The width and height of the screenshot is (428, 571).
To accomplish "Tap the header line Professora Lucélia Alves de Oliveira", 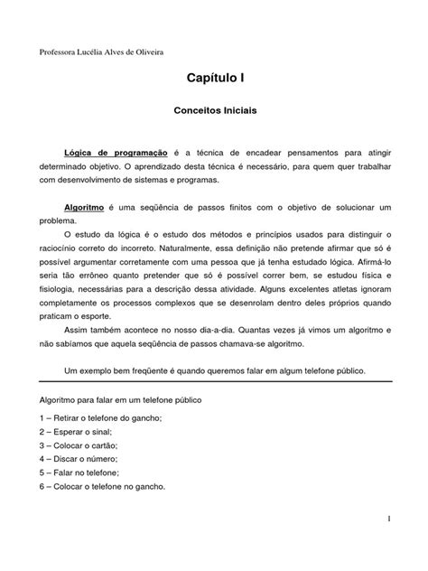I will (x=101, y=52).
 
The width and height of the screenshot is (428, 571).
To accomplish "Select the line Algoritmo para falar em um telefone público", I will (x=134, y=398).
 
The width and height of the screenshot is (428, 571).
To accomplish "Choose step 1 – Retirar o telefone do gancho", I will (x=101, y=418).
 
